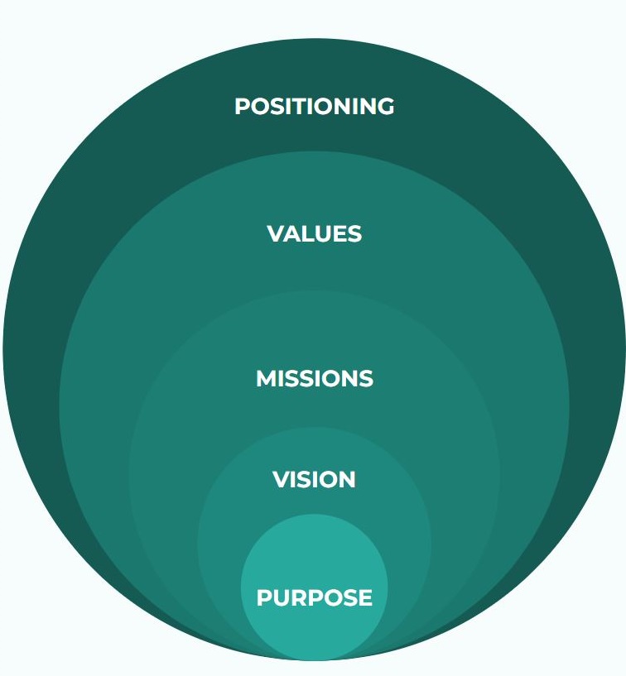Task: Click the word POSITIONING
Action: [x=314, y=106]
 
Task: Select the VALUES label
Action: [x=314, y=233]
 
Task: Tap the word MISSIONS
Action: [x=315, y=378]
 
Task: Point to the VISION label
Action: [x=314, y=479]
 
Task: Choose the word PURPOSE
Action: [x=314, y=597]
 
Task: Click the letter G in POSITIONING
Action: [x=385, y=106]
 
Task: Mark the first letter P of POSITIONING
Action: [x=242, y=106]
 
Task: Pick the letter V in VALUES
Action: [x=276, y=233]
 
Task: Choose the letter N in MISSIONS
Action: [x=349, y=378]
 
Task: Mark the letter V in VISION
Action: [x=282, y=479]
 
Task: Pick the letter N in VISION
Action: [x=347, y=479]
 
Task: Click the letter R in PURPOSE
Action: [x=299, y=597]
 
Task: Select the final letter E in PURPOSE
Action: [x=366, y=597]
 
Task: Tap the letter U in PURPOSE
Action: [x=281, y=597]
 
